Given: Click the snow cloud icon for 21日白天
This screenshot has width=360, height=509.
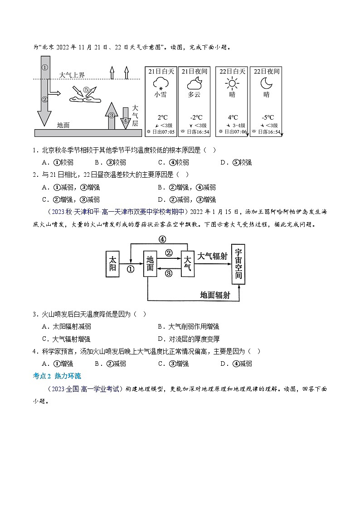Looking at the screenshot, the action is [159, 83].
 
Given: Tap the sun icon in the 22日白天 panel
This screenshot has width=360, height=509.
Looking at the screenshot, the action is [232, 83].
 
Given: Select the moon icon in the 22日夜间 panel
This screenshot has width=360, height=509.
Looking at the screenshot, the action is [266, 83].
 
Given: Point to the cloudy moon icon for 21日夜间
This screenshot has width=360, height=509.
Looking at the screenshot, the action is [194, 83].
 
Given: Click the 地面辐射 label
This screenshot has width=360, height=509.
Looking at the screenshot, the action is [215, 295].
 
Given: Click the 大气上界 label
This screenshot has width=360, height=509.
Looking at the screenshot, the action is [72, 75].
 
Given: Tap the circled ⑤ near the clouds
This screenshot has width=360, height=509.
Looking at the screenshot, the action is [86, 89].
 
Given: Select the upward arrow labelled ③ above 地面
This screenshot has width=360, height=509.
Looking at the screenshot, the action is [111, 115].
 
